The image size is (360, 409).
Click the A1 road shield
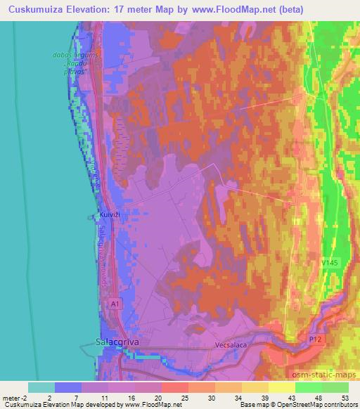click(x=115, y=303)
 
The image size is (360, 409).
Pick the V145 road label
click(x=329, y=263)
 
